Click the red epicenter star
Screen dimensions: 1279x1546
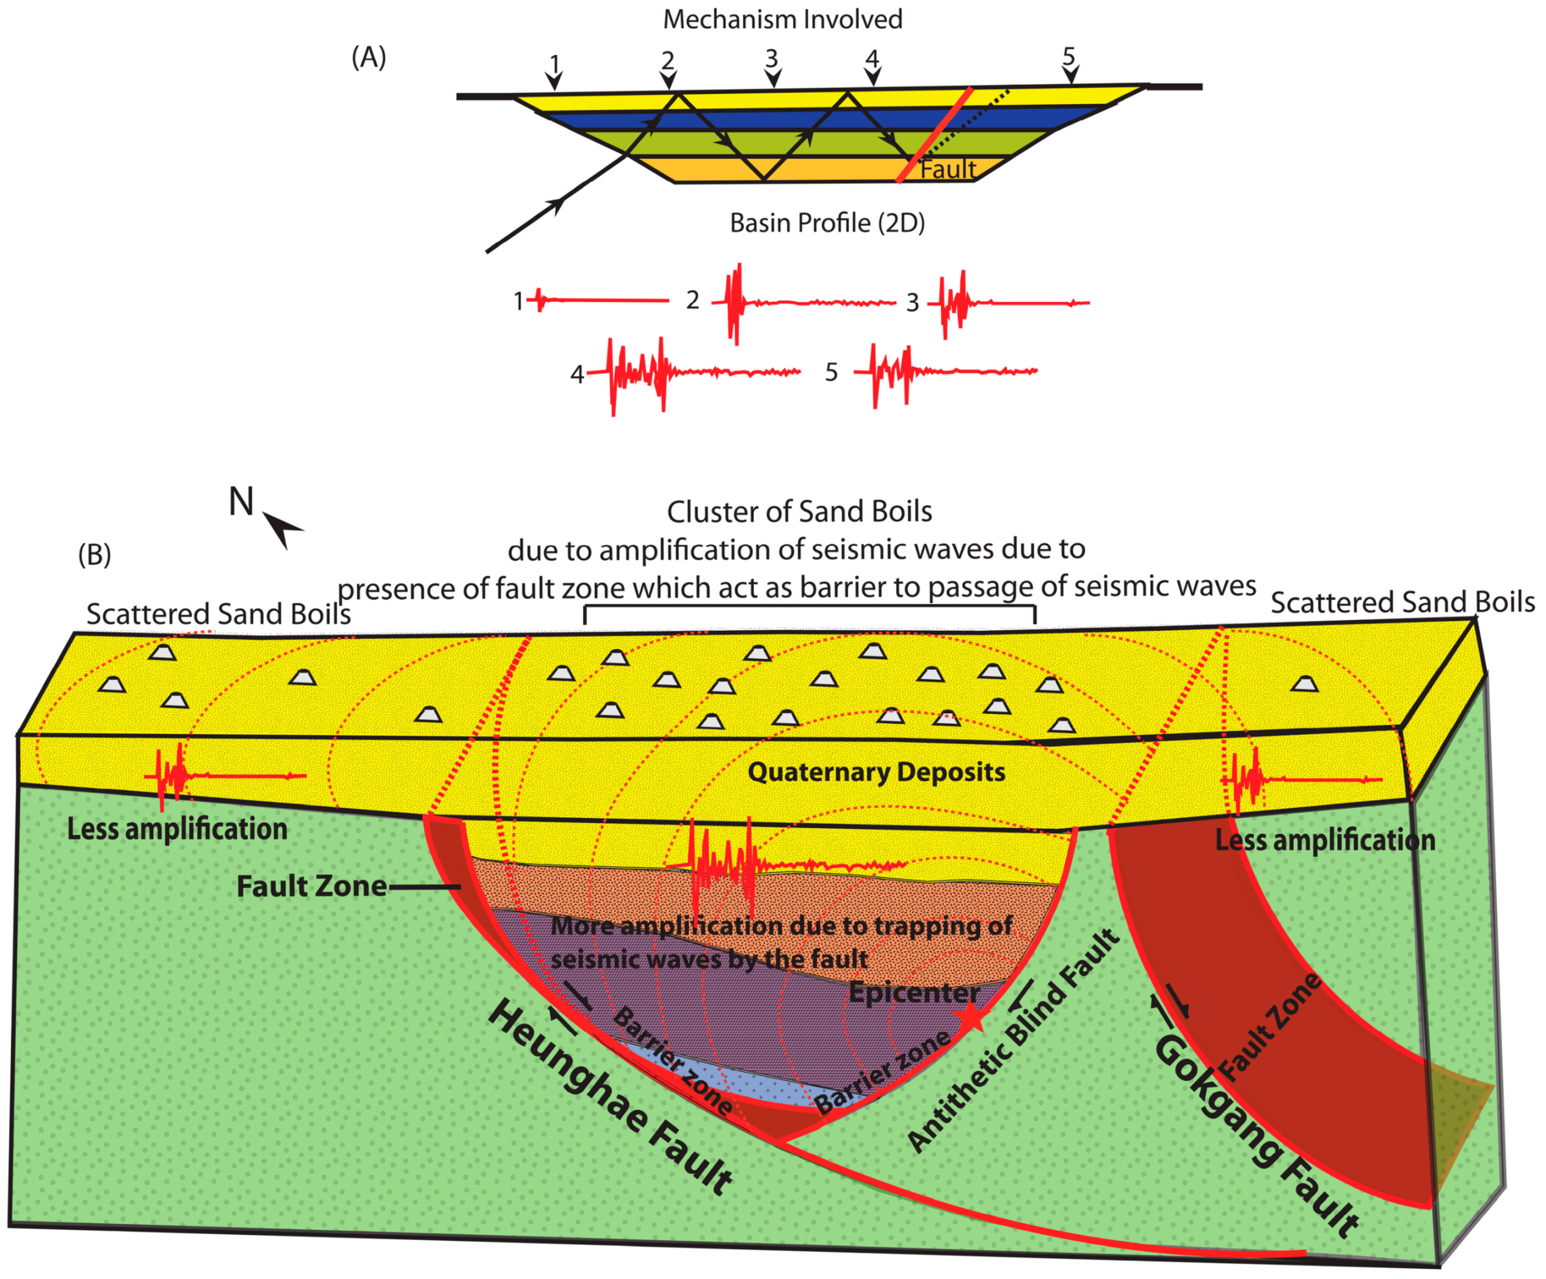click(972, 1018)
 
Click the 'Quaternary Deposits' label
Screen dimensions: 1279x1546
click(876, 771)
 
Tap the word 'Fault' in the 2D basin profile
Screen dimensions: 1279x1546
click(948, 169)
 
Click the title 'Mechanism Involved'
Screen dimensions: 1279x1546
click(783, 19)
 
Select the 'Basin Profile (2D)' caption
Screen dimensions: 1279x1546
click(827, 222)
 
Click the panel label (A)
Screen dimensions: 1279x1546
click(369, 57)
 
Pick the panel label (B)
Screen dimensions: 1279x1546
click(94, 554)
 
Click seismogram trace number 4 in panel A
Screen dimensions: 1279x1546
click(692, 373)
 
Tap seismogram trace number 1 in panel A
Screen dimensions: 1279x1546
click(597, 301)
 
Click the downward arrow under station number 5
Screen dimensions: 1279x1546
click(1071, 74)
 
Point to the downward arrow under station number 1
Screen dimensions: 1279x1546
click(554, 79)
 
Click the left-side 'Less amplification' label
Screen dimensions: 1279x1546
click(176, 829)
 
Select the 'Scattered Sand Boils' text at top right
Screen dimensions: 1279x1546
click(1403, 602)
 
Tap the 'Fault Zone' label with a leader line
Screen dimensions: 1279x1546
click(311, 886)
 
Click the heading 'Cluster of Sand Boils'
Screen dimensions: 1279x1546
click(799, 511)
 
